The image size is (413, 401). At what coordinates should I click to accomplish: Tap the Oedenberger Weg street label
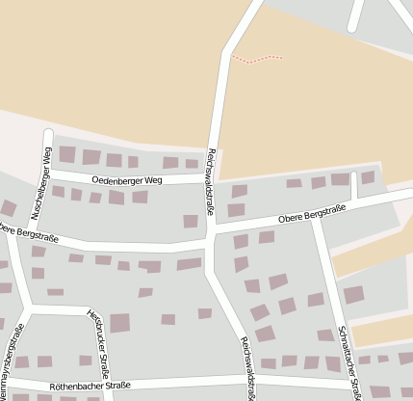click(x=134, y=179)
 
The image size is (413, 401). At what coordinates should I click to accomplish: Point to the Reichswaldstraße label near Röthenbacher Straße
click(x=248, y=367)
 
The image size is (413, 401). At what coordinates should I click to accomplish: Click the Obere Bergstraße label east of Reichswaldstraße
click(x=310, y=217)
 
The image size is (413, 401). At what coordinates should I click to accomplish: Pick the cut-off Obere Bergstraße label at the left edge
click(x=25, y=232)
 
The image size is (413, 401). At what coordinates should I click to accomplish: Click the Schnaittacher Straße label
click(x=349, y=361)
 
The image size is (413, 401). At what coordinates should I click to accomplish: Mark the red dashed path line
click(x=258, y=59)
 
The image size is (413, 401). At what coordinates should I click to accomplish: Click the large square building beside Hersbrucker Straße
click(x=119, y=323)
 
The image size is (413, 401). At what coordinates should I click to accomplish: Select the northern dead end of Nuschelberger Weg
click(x=47, y=130)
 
